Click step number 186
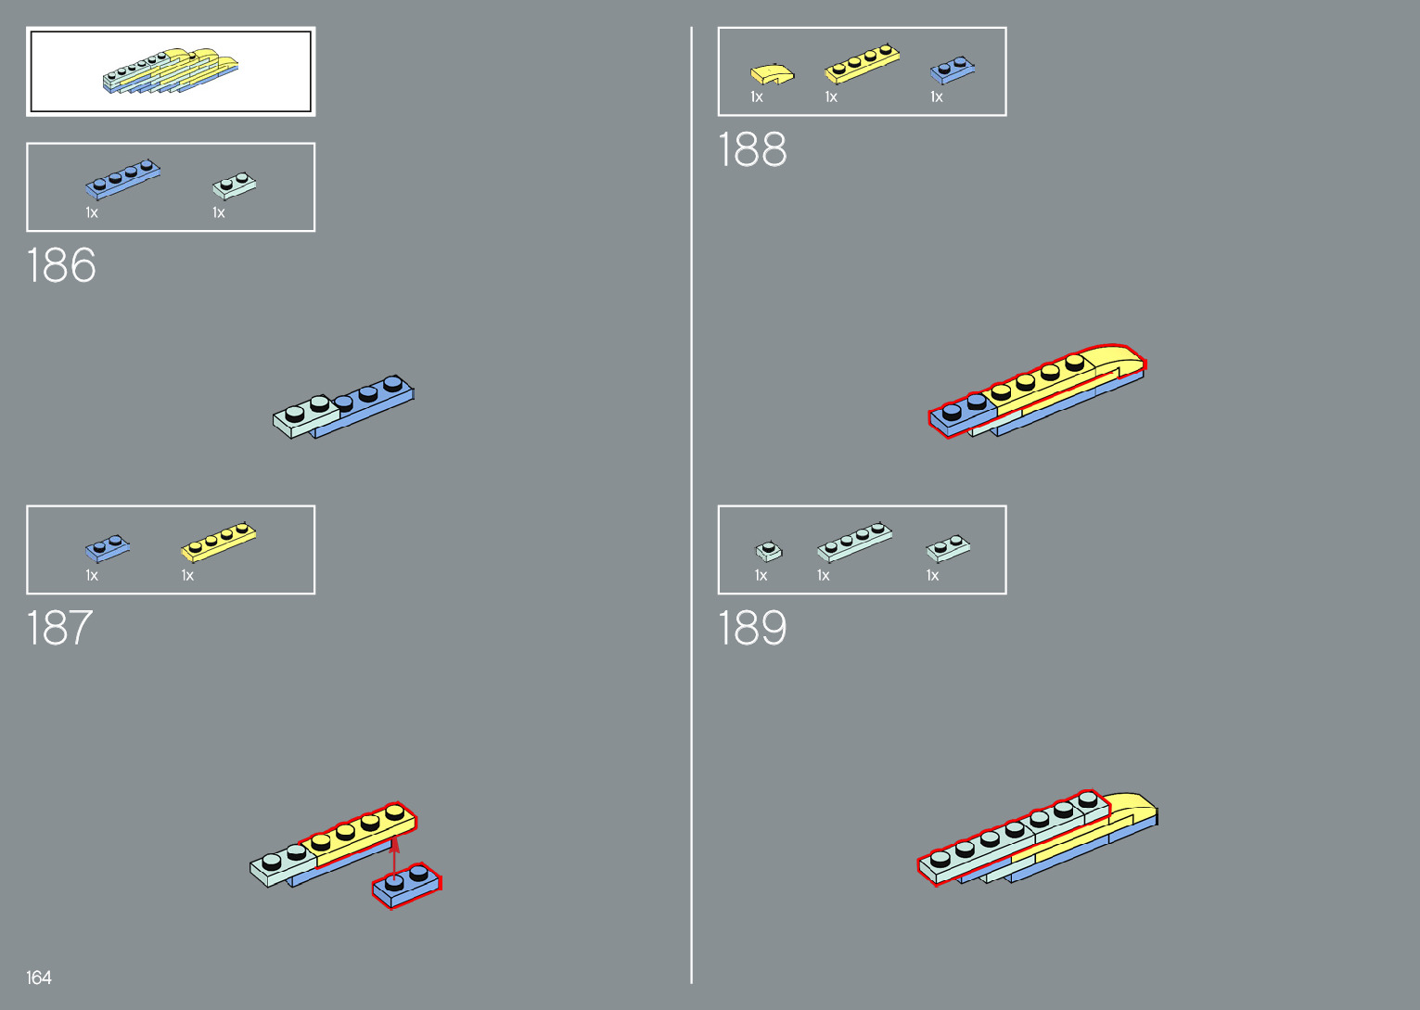(61, 266)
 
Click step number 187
(59, 629)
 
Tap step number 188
(752, 150)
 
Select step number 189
(752, 629)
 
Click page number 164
(39, 978)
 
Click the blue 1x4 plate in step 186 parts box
(122, 179)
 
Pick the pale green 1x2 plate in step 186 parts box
(234, 185)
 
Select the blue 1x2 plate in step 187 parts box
(108, 548)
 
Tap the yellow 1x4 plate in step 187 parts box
(218, 542)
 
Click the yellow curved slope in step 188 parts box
(772, 73)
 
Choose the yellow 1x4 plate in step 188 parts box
(862, 64)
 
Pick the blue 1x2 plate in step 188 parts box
(953, 70)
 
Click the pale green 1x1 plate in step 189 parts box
(768, 552)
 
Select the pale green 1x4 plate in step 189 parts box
(854, 542)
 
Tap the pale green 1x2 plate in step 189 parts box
(948, 548)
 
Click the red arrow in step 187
(395, 857)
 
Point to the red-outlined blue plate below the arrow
(407, 885)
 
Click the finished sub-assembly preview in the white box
(171, 71)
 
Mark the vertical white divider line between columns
(691, 505)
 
